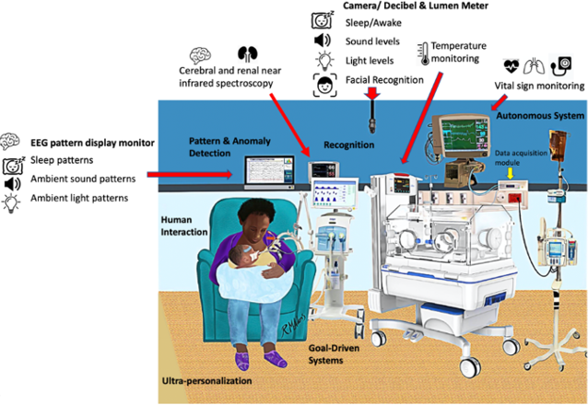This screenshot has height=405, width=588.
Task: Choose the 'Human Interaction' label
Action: (x=182, y=226)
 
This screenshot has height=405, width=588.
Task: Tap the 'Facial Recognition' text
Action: (x=383, y=81)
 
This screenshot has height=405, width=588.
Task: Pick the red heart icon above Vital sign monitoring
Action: (x=512, y=65)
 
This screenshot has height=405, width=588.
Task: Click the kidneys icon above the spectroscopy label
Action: (x=246, y=53)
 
